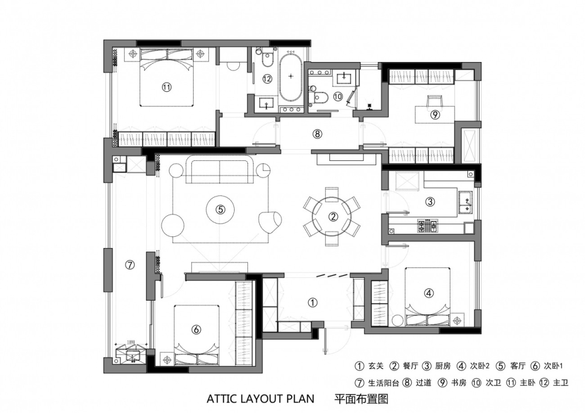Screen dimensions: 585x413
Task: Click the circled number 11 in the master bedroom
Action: pyautogui.click(x=166, y=87)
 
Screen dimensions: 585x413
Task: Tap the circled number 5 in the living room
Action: pyautogui.click(x=221, y=209)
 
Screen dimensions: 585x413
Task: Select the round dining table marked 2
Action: pyautogui.click(x=332, y=216)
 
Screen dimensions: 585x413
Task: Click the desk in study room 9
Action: pyautogui.click(x=435, y=114)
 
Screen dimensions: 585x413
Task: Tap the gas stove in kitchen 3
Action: pyautogui.click(x=429, y=225)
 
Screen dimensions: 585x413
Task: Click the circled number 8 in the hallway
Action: pyautogui.click(x=317, y=133)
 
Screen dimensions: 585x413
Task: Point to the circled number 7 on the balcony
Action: pyautogui.click(x=129, y=265)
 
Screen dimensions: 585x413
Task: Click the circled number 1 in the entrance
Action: pyautogui.click(x=312, y=302)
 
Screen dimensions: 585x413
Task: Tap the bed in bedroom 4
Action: pyautogui.click(x=428, y=296)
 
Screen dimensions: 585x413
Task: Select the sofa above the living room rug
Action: pyautogui.click(x=220, y=170)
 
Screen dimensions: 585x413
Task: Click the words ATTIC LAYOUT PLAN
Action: pyautogui.click(x=260, y=399)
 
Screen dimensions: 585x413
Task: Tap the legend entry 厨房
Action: pyautogui.click(x=443, y=366)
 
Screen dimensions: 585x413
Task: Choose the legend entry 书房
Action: pyautogui.click(x=459, y=383)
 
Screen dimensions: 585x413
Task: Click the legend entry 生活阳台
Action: pyautogui.click(x=384, y=383)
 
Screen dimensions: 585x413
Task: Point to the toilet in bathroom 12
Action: pyautogui.click(x=267, y=58)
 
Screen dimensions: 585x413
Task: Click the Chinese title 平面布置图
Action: pyautogui.click(x=361, y=399)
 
